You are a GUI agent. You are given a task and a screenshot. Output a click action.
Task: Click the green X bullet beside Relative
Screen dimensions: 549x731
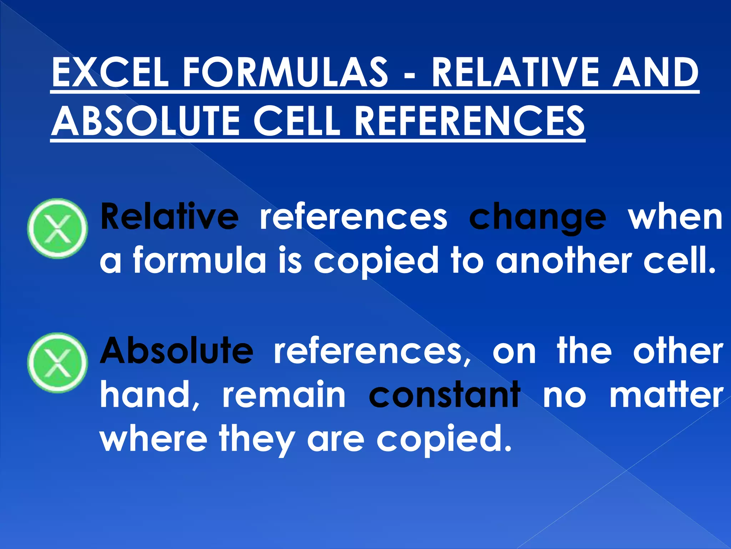pyautogui.click(x=57, y=228)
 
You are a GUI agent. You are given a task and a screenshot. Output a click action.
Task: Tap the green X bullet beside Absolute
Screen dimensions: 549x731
pyautogui.click(x=57, y=363)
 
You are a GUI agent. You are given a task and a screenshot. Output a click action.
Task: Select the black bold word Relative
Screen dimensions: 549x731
pyautogui.click(x=169, y=217)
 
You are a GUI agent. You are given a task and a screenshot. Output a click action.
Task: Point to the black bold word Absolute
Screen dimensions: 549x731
pyautogui.click(x=177, y=350)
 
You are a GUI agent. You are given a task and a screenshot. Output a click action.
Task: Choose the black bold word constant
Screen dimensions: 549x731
pyautogui.click(x=444, y=395)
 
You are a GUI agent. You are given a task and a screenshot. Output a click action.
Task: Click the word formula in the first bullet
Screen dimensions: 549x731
pyautogui.click(x=200, y=260)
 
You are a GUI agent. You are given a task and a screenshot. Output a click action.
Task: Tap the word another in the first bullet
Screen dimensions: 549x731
pyautogui.click(x=564, y=260)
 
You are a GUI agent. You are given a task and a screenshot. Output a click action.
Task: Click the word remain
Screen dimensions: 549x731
pyautogui.click(x=284, y=395)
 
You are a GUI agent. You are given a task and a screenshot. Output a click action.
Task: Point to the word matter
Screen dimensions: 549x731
pyautogui.click(x=666, y=395)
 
